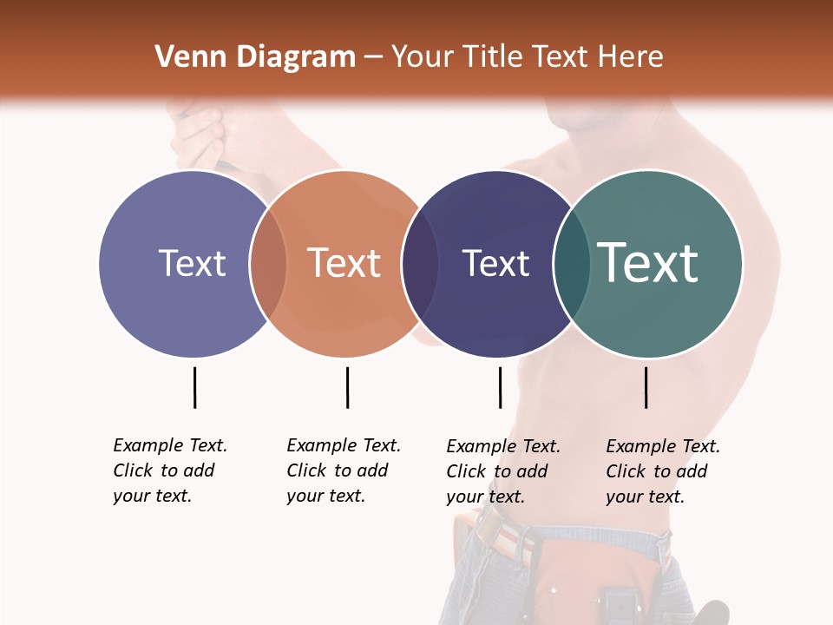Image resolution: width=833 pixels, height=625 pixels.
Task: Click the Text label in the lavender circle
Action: click(192, 263)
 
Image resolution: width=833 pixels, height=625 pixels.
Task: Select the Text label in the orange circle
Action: click(344, 263)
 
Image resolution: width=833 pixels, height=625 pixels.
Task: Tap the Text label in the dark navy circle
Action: click(495, 263)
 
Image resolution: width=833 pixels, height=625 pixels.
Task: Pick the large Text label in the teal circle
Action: click(648, 263)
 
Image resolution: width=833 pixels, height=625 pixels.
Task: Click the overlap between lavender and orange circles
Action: click(268, 263)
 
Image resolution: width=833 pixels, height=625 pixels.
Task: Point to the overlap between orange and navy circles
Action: click(420, 263)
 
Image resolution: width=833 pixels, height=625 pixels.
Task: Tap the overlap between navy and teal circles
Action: click(572, 263)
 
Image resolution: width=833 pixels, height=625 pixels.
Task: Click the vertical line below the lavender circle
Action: click(194, 387)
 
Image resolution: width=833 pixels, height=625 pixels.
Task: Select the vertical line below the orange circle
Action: click(347, 387)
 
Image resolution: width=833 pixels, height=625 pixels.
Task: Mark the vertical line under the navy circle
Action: click(500, 387)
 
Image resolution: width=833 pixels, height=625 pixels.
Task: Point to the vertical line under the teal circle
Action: click(646, 387)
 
